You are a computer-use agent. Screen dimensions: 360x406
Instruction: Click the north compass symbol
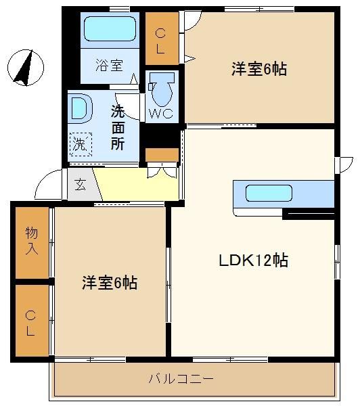(26, 68)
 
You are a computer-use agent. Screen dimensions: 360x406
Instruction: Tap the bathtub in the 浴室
(110, 28)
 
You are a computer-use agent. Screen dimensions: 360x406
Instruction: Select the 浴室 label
(109, 65)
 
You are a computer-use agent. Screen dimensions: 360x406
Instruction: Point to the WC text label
(161, 114)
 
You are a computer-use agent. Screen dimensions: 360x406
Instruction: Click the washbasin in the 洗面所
(81, 108)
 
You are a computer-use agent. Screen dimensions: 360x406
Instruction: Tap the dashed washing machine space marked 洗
(81, 145)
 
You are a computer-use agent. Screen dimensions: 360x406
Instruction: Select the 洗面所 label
(118, 128)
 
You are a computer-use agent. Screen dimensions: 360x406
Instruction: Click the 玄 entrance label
(80, 184)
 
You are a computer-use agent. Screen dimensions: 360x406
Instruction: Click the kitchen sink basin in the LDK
(269, 193)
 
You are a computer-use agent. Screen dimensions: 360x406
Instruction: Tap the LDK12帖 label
(253, 261)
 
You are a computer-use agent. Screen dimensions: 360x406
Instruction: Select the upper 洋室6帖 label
(259, 69)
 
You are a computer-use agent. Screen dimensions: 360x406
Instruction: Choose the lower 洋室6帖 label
(110, 283)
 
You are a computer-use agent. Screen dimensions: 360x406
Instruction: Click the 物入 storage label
(32, 241)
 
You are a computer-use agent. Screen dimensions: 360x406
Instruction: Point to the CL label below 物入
(30, 323)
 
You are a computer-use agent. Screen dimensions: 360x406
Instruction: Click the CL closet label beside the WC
(160, 41)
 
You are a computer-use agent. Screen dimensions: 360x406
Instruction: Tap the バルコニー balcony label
(181, 379)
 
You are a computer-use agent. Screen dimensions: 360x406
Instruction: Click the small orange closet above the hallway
(162, 155)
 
